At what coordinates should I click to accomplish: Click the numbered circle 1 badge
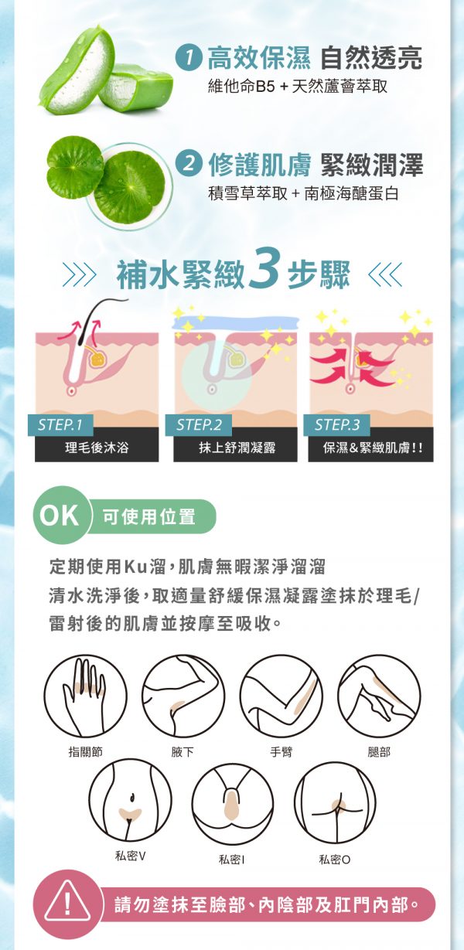189,58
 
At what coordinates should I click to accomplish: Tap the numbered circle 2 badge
189,164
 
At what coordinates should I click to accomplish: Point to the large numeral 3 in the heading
264,267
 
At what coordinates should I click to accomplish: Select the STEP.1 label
60,424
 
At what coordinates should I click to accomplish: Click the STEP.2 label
200,424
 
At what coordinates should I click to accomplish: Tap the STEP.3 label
337,424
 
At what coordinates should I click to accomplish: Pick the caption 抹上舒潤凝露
237,448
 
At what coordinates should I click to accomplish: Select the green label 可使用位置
149,516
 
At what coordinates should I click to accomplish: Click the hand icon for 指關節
85,696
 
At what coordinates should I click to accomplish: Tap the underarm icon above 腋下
183,696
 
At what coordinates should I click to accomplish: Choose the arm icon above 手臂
281,696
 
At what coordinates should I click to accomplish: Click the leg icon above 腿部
379,696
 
